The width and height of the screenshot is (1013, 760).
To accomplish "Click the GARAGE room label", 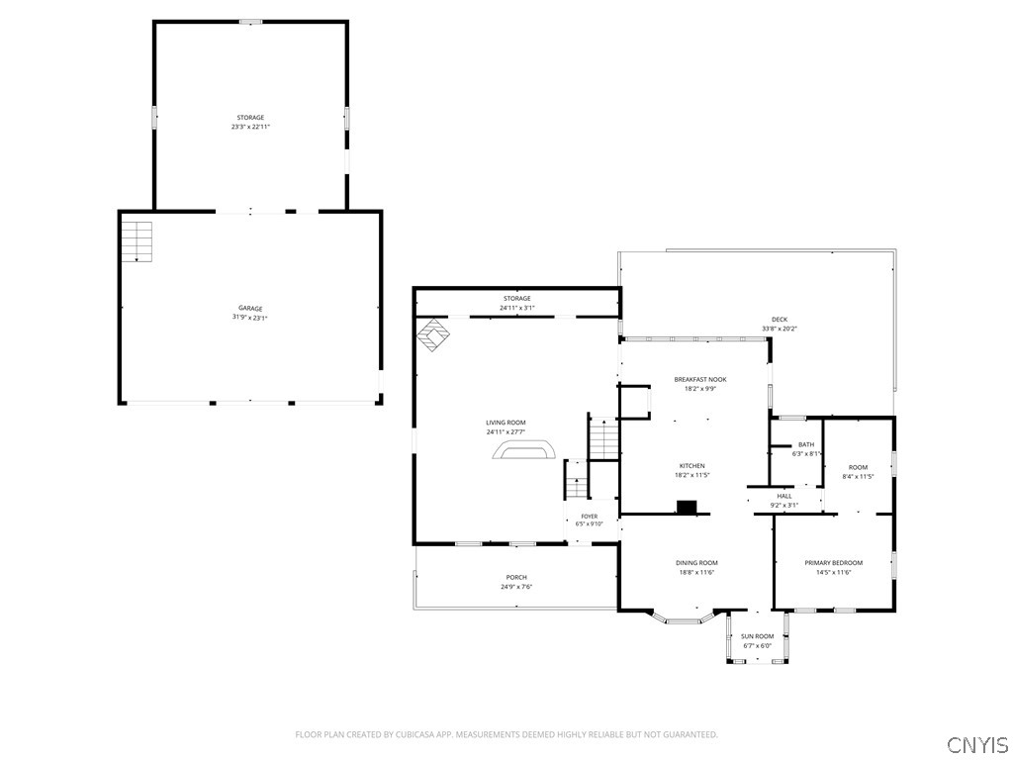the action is click(x=250, y=309).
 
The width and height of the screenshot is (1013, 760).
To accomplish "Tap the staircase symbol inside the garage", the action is click(x=138, y=241).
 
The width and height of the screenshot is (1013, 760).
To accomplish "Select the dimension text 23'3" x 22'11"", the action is click(x=250, y=127).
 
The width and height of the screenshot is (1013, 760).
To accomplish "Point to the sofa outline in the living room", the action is click(x=524, y=450).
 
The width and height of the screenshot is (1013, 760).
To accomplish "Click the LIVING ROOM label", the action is click(x=506, y=423).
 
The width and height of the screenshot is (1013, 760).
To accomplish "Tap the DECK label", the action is click(x=780, y=320).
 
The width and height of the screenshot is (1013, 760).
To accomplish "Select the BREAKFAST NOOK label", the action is click(x=700, y=379).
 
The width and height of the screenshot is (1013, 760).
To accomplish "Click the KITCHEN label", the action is click(x=691, y=466).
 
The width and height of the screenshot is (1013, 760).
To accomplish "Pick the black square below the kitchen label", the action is click(x=687, y=508).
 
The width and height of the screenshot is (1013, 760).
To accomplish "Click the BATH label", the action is click(x=806, y=444).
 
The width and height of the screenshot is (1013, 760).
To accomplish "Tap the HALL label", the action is click(x=784, y=497).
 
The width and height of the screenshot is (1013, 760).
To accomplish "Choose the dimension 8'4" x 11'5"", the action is click(x=858, y=476).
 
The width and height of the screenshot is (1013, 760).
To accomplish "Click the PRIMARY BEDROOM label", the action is click(x=833, y=563).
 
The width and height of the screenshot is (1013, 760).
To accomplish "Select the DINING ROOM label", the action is click(x=696, y=563).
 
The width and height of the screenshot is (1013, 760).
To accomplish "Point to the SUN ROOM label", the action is click(x=757, y=636).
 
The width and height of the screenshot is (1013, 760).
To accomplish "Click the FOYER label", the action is click(x=590, y=517).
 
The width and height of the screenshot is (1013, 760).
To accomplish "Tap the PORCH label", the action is click(x=516, y=577).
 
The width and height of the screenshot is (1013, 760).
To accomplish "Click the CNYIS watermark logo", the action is click(x=977, y=744).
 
